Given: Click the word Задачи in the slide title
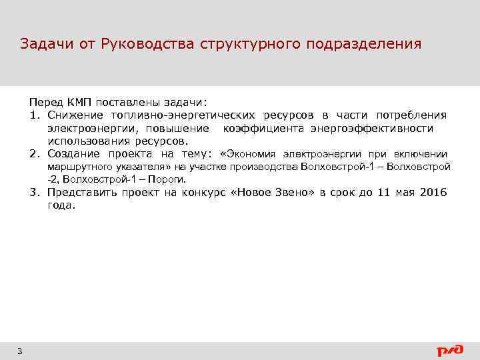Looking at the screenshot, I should click(x=43, y=44).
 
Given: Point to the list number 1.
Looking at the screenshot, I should click(x=33, y=115).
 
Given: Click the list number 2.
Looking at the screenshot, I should click(x=33, y=154).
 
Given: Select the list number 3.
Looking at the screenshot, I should click(x=33, y=193).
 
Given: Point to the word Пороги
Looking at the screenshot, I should click(x=166, y=179).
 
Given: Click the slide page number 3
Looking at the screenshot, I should click(x=20, y=351).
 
